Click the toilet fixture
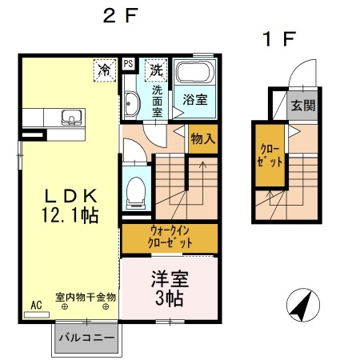click(135, 190)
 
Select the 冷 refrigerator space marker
click(106, 69)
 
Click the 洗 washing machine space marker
click(156, 69)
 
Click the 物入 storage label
click(202, 138)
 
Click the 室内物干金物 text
click(86, 297)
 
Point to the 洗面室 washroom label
click(158, 100)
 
